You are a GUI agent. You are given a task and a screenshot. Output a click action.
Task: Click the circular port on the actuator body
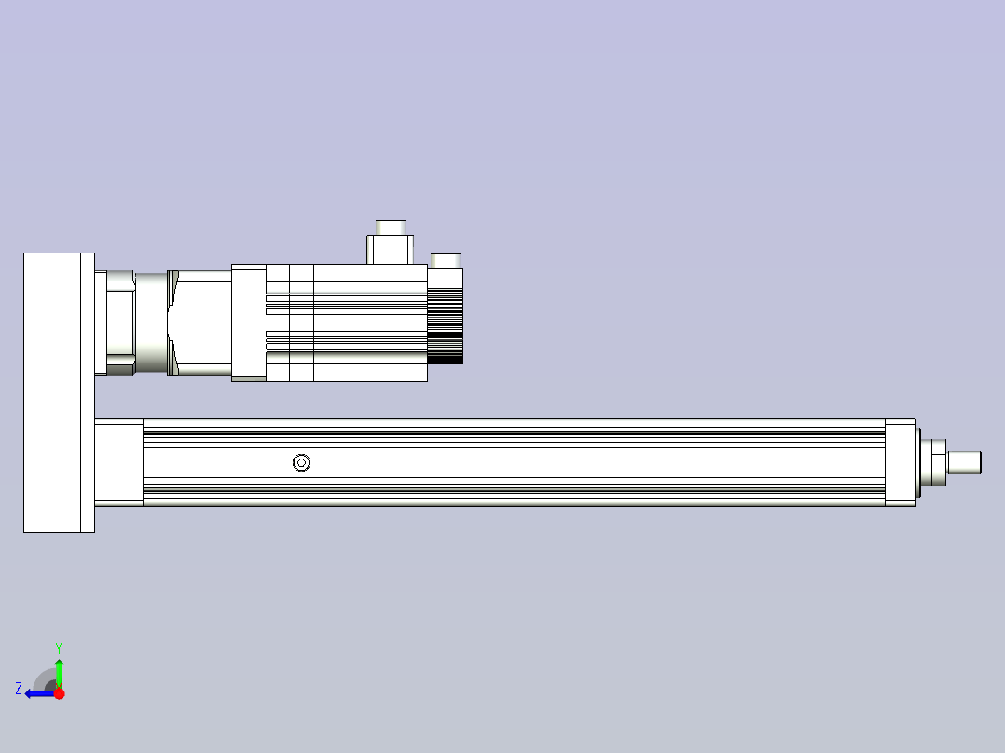(x=301, y=462)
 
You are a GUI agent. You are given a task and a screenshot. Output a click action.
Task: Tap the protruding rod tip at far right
(x=965, y=462)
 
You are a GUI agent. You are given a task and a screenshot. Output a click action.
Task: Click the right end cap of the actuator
(x=900, y=462)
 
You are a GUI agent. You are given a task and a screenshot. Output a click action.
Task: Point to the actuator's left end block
(x=118, y=462)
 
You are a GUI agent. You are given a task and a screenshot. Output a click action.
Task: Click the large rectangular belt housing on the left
(x=58, y=392)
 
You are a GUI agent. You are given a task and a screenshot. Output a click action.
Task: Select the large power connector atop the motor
(x=390, y=249)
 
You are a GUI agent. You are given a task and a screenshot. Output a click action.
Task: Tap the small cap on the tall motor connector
(x=390, y=226)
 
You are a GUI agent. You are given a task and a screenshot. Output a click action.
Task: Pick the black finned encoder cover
(x=446, y=324)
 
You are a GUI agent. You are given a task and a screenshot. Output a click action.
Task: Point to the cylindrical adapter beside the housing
(x=120, y=322)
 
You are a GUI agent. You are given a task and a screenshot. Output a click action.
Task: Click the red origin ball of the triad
(x=59, y=693)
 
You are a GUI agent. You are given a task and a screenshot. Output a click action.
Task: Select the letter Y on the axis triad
(x=58, y=647)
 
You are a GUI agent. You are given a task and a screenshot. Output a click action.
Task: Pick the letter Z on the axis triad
(x=19, y=688)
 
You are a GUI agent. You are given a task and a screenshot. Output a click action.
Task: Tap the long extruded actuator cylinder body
(x=513, y=462)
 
